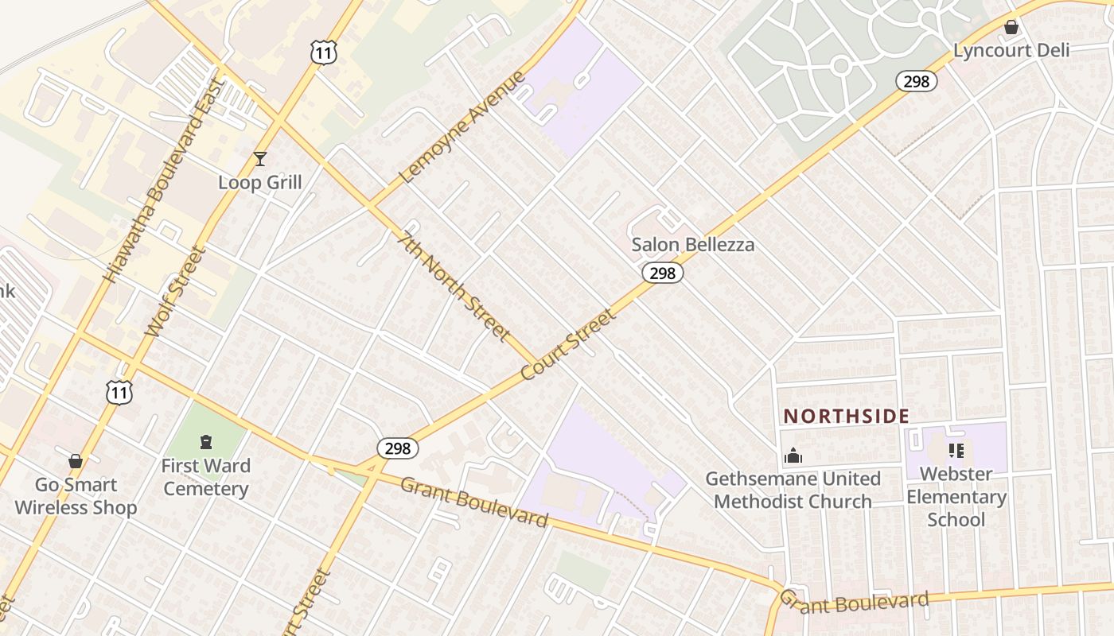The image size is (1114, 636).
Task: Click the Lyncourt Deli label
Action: pyautogui.click(x=1011, y=51)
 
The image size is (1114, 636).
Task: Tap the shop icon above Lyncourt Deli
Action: pyautogui.click(x=1011, y=28)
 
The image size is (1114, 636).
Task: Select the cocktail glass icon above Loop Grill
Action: pyautogui.click(x=259, y=159)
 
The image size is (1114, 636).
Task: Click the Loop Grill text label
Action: pyautogui.click(x=259, y=183)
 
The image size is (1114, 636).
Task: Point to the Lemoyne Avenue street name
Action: pyautogui.click(x=463, y=127)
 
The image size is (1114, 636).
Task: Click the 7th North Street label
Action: pyautogui.click(x=455, y=285)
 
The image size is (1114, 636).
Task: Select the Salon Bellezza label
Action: pyautogui.click(x=692, y=245)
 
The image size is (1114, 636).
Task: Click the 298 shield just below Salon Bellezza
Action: pyautogui.click(x=662, y=273)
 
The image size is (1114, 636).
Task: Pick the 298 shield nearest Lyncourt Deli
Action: pyautogui.click(x=917, y=81)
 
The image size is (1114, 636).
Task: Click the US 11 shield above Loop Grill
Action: pyautogui.click(x=324, y=53)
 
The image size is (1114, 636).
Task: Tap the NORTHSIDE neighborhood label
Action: pyautogui.click(x=847, y=416)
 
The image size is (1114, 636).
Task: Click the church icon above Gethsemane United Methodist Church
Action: pyautogui.click(x=793, y=456)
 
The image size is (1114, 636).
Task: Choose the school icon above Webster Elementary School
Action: pyautogui.click(x=956, y=452)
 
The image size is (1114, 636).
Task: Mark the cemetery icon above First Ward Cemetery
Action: pyautogui.click(x=206, y=442)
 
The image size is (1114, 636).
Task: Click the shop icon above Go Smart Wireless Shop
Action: pyautogui.click(x=76, y=461)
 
